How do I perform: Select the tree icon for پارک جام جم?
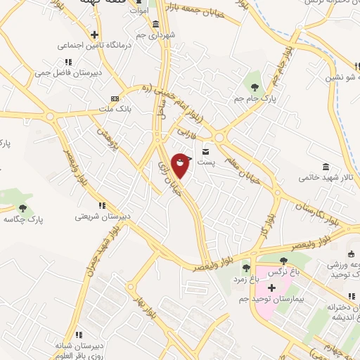255,87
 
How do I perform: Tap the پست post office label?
205,162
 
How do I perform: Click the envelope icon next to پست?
206,151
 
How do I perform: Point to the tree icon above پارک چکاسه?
23,208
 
